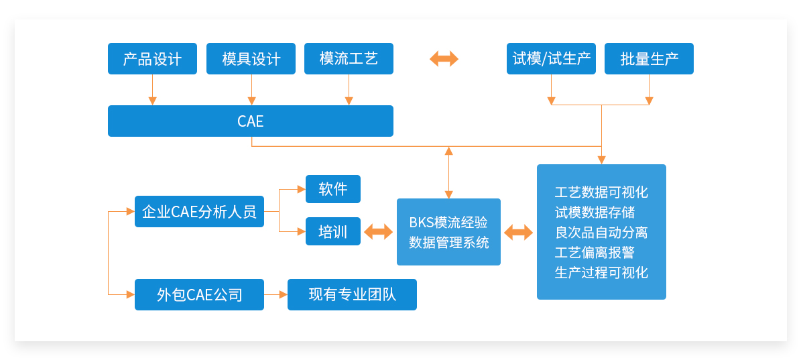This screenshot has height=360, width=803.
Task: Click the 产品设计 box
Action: point(152,59)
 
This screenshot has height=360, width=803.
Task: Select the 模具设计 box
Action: point(251,59)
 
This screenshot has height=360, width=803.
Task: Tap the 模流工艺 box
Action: point(349,59)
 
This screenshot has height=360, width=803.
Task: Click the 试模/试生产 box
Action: point(551,59)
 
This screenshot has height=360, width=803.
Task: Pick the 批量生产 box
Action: point(649,59)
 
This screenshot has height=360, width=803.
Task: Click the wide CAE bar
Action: point(251,121)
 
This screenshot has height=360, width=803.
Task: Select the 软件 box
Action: point(333,189)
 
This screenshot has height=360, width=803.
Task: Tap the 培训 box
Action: point(333,231)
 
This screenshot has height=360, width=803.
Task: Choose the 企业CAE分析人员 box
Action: point(199,211)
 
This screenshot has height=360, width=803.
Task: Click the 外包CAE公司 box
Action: point(199,294)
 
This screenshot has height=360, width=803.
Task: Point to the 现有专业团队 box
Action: point(352,294)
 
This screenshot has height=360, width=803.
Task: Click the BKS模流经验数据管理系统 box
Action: point(448,232)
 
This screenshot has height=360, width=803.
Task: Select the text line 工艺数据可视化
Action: point(601,192)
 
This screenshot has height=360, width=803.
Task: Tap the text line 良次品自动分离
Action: point(601,233)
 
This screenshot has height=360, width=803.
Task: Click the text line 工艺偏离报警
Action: point(595,253)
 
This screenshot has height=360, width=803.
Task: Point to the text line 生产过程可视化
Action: point(601,272)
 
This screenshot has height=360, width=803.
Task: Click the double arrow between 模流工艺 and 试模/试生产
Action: point(444,59)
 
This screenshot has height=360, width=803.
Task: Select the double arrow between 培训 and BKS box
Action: point(379,232)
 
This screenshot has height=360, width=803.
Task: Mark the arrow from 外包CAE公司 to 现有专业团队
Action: point(276,294)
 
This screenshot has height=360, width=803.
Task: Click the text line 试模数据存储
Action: point(595,213)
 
